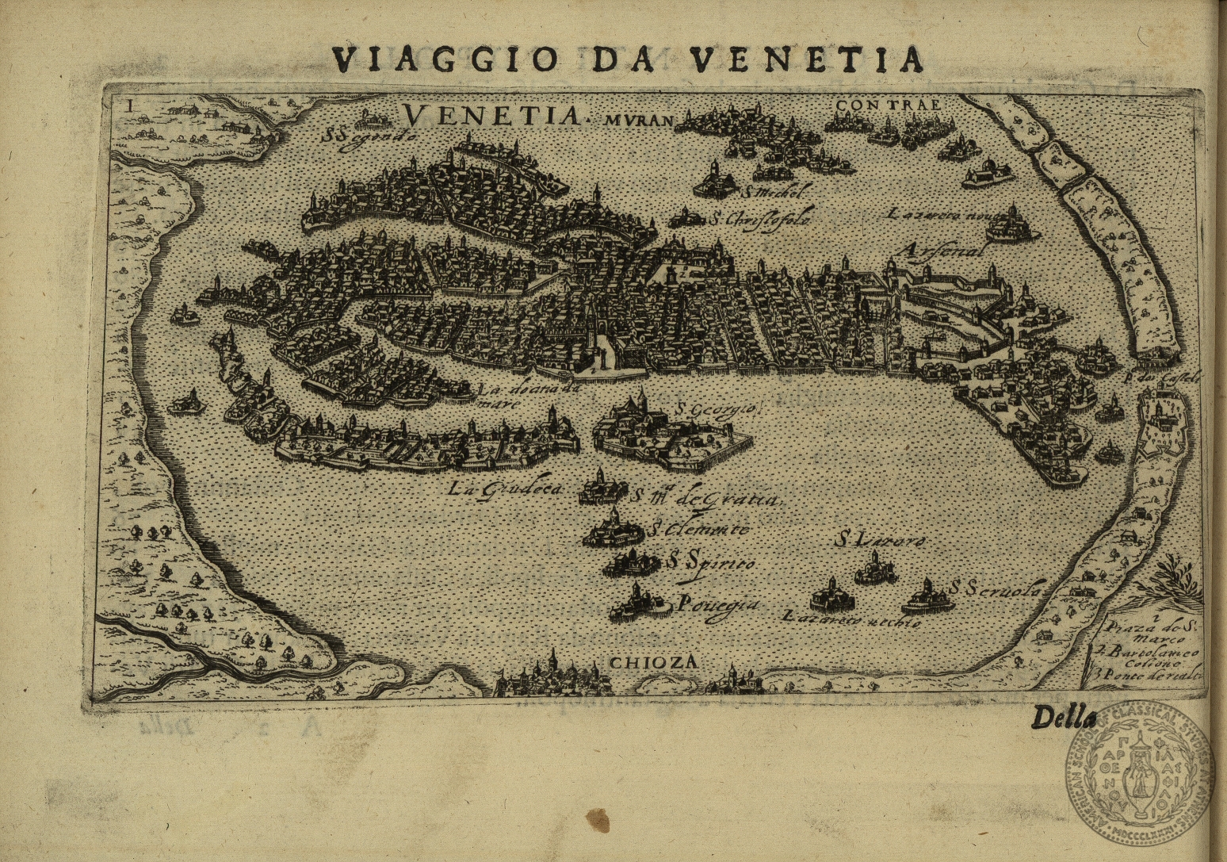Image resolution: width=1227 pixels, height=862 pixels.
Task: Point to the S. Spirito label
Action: coord(710,562)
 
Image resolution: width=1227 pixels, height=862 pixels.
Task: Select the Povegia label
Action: coord(718,604)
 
